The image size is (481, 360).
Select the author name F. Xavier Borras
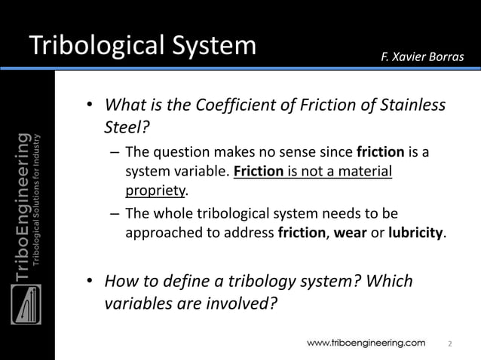422,59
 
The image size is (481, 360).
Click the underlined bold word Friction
259,172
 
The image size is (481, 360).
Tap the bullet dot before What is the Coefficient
89,105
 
